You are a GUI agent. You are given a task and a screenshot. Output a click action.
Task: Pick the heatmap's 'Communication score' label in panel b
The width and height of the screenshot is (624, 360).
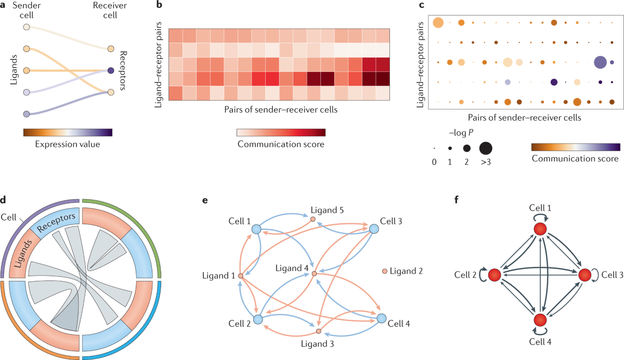click(x=281, y=144)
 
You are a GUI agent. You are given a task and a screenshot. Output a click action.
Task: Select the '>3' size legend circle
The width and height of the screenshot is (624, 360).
click(x=486, y=148)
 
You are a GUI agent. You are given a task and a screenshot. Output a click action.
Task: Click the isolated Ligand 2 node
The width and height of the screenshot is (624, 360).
click(x=385, y=271)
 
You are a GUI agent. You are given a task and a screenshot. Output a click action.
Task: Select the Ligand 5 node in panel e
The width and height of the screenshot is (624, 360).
click(x=313, y=219)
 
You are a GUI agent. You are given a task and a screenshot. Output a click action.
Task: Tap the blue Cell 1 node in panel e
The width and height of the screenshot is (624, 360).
click(x=256, y=229)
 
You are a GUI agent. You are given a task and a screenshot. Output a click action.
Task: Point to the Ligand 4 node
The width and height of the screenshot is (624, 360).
click(x=314, y=273)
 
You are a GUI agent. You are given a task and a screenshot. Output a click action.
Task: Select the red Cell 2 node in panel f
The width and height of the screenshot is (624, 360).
click(x=495, y=275)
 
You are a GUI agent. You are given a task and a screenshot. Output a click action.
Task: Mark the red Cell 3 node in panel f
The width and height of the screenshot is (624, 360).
click(x=584, y=275)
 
